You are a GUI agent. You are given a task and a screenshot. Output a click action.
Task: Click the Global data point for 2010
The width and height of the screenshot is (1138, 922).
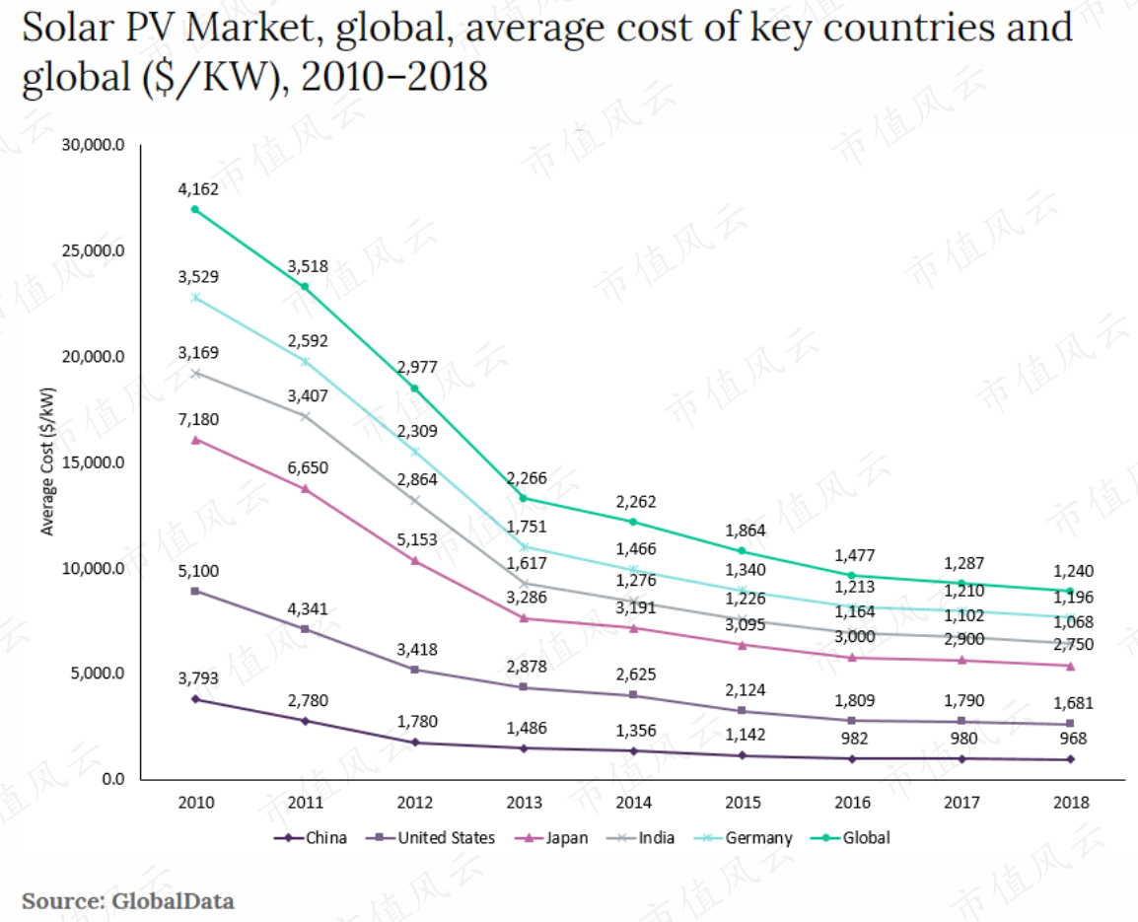[195, 209]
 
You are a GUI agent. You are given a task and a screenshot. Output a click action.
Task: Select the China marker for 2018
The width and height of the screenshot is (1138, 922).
[1071, 759]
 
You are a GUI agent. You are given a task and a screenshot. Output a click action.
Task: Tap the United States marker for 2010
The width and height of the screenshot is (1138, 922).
[195, 591]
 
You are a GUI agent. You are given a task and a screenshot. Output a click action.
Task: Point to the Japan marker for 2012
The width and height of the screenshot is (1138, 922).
[415, 560]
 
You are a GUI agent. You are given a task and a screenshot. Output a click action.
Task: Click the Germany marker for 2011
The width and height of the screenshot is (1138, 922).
[305, 361]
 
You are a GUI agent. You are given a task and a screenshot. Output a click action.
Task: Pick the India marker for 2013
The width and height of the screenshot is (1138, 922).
[524, 583]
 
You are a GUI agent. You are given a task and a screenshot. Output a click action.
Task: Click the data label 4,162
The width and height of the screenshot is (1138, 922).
[198, 189]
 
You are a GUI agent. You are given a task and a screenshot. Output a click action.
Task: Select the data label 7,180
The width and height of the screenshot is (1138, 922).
[198, 420]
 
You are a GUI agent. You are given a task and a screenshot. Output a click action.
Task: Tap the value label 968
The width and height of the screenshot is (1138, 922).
[1073, 739]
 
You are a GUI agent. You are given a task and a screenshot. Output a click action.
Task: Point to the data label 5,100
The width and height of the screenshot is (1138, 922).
[198, 571]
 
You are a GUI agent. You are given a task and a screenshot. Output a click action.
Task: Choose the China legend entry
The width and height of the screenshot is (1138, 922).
[311, 838]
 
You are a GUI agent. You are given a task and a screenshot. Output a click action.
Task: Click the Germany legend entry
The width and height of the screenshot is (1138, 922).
[744, 838]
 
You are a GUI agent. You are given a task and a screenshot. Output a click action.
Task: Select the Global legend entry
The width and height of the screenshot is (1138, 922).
[850, 838]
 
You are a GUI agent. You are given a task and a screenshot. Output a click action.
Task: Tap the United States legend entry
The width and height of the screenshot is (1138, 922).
[430, 838]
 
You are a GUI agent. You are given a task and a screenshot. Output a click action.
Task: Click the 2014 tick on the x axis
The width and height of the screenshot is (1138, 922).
[634, 803]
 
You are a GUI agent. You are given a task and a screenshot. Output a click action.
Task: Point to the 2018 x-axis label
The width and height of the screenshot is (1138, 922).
[1071, 803]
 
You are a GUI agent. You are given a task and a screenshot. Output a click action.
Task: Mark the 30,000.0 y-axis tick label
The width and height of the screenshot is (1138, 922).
[93, 145]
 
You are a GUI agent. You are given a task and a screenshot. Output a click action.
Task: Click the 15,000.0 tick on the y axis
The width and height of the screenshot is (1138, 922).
[93, 463]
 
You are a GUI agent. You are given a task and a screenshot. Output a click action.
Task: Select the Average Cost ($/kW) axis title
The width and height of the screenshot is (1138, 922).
[47, 461]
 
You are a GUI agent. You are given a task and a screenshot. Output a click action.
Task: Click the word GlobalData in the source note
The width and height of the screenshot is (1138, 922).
[173, 901]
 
